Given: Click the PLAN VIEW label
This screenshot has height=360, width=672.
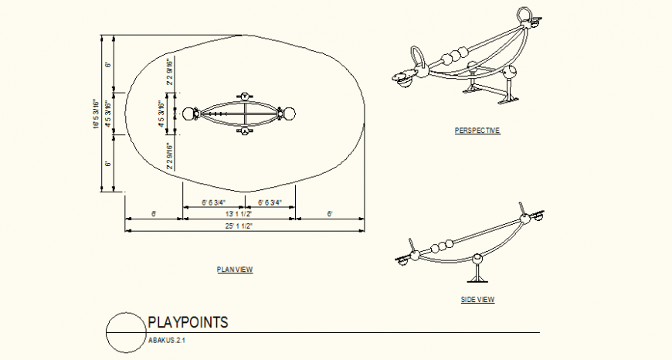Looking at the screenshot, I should point(235,270).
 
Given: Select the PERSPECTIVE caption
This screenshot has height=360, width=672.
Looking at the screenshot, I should point(477,131).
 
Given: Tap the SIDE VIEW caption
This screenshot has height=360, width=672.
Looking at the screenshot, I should point(478,300).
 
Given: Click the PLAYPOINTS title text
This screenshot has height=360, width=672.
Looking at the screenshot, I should point(188,323).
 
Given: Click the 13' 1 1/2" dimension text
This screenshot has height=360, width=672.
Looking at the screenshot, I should point(238,214).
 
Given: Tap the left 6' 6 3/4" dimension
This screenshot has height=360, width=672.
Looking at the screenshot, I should point(213,202).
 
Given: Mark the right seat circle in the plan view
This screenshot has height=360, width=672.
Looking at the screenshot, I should point(289,115).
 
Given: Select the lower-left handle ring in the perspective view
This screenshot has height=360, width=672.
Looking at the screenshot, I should point(418,56).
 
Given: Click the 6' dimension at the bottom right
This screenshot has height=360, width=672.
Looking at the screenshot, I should point(329,214).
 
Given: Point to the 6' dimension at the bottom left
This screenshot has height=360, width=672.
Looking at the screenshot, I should point(154,214).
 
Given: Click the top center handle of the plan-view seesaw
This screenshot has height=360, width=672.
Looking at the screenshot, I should point(244,96).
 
